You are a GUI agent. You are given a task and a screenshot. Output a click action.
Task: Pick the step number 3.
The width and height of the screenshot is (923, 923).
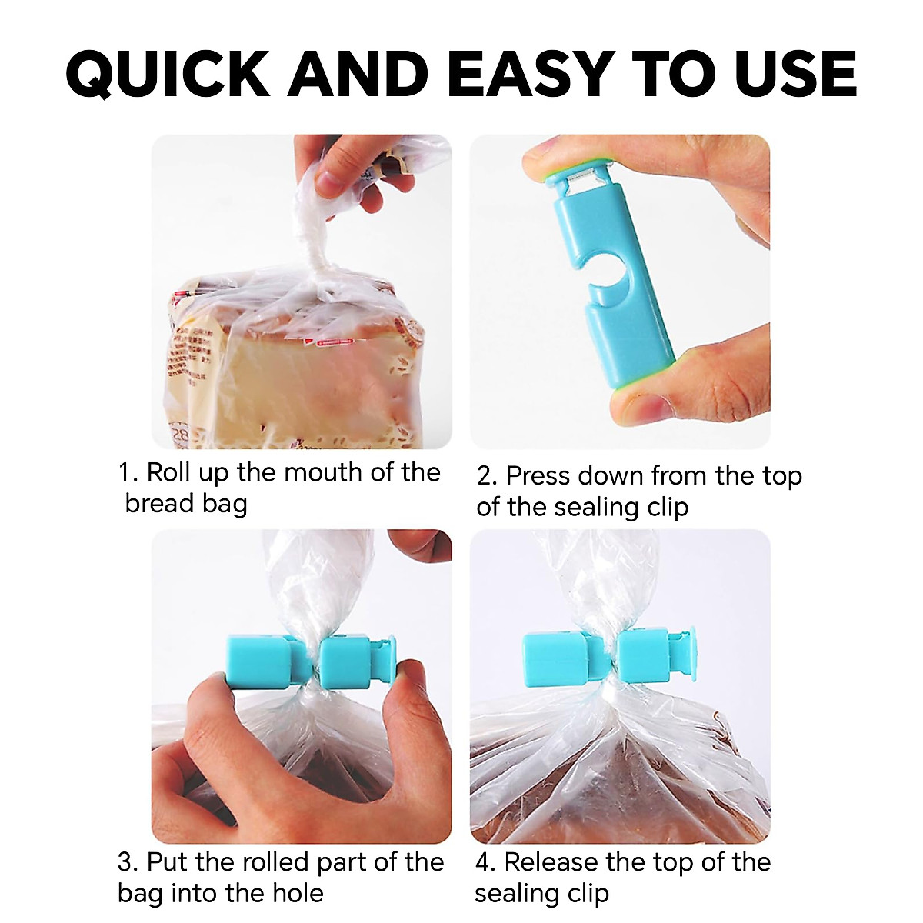[x=127, y=863]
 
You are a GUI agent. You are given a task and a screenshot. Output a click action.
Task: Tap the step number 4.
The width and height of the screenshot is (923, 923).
[x=485, y=863]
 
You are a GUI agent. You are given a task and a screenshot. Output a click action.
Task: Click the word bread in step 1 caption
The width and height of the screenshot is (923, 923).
[x=158, y=504]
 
